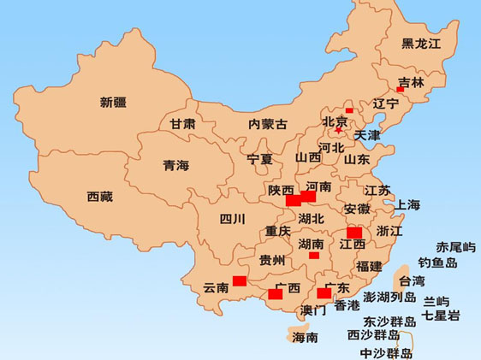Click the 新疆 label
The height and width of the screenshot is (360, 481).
tap(113, 103)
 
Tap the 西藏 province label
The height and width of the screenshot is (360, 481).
tap(100, 196)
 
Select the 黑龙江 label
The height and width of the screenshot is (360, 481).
tap(420, 44)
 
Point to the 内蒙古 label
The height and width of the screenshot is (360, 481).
tap(268, 123)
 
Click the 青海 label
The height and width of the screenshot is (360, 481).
tap(176, 166)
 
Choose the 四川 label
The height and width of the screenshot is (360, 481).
tap(233, 218)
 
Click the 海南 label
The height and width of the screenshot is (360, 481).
tap(306, 337)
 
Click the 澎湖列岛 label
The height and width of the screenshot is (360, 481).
tap(389, 298)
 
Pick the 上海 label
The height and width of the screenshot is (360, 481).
tap(408, 204)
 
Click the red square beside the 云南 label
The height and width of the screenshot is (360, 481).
tap(240, 280)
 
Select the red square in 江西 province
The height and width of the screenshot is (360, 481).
tap(354, 233)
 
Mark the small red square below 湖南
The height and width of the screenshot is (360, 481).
tap(314, 255)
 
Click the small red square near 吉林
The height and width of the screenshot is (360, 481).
tap(400, 90)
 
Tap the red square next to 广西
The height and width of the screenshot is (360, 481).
tap(275, 294)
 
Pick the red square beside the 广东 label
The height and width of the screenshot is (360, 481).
tap(324, 293)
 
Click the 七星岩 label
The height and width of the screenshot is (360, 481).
tap(442, 316)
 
